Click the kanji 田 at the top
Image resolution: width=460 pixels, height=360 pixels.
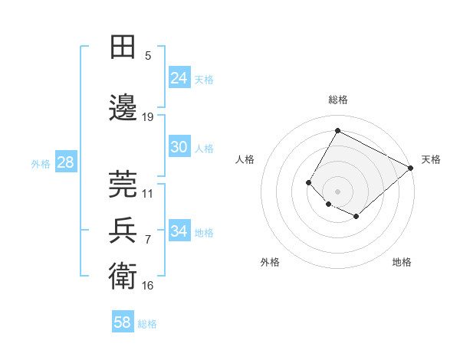coord(123,47)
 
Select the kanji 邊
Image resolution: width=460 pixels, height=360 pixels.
coord(123,109)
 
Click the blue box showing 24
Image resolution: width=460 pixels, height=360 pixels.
coord(179,78)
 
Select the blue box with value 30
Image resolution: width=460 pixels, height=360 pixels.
coord(179,147)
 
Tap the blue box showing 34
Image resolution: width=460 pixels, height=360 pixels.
coord(179,231)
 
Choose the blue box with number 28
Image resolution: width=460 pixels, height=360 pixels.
coord(65,162)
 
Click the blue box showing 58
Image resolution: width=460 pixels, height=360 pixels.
coord(123,322)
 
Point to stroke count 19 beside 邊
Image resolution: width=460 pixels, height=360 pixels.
coord(148,117)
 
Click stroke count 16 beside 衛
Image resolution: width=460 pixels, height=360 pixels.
coord(148,286)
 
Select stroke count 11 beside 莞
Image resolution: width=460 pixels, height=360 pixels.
coord(148,194)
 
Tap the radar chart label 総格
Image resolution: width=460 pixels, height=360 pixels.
coord(337,100)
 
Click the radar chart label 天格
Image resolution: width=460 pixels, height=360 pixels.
coord(431,159)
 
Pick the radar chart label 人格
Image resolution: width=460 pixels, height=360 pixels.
coord(245,159)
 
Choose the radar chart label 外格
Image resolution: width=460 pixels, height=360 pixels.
coord(270,263)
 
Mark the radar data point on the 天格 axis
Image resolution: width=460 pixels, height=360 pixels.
coord(411,168)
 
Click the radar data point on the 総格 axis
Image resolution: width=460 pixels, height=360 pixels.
coord(337,130)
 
